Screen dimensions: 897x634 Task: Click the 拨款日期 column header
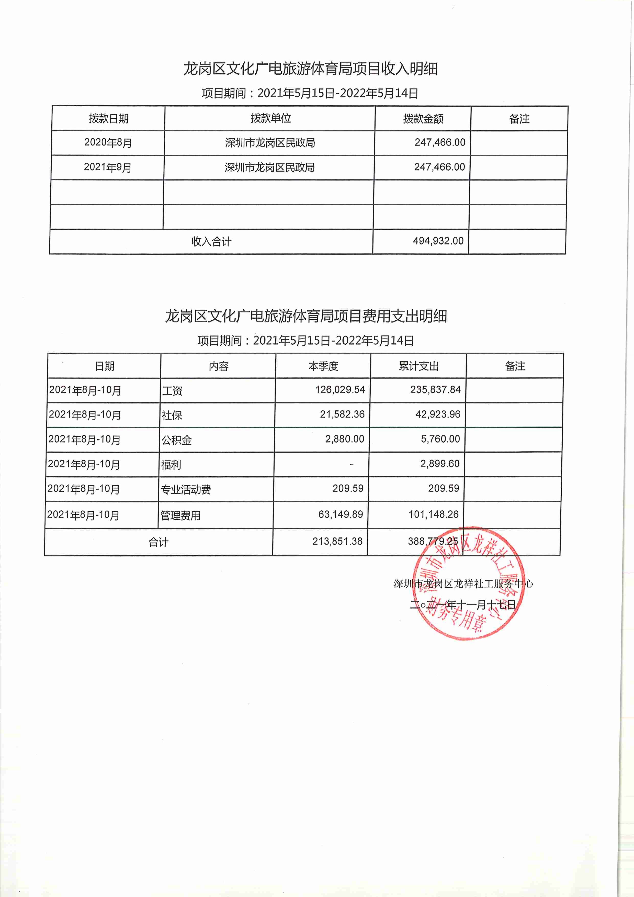pos(109,118)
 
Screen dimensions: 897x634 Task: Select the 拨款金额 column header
pos(423,119)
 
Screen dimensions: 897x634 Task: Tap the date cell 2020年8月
pos(108,143)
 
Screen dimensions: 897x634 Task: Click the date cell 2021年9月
pos(107,167)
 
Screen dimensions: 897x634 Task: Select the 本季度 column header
pos(323,366)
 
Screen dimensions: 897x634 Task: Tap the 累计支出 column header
pos(418,366)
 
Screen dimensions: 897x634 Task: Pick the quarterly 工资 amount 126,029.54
pos(340,389)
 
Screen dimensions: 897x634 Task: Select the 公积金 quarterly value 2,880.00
pos(345,439)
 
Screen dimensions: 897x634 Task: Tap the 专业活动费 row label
pos(186,489)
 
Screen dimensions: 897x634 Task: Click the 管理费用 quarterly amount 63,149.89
pos(340,514)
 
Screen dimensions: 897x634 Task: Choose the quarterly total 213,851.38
pos(337,541)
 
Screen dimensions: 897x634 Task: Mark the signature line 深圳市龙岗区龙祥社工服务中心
pos(463,584)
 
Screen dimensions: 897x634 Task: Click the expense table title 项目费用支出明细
pos(305,316)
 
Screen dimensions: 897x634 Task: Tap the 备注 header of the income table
pos(519,119)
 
